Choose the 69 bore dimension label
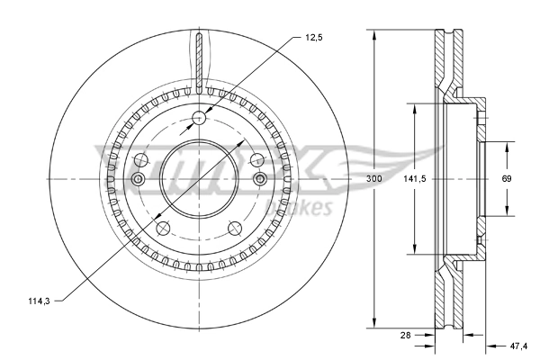tap(507, 179)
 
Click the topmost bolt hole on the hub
tap(200, 116)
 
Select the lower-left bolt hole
tap(163, 228)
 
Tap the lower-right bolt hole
tap(236, 228)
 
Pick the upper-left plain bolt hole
tap(140, 160)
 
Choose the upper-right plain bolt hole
tap(258, 160)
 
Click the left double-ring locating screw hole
tap(138, 181)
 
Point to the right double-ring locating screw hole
tap(261, 181)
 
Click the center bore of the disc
tap(200, 179)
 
